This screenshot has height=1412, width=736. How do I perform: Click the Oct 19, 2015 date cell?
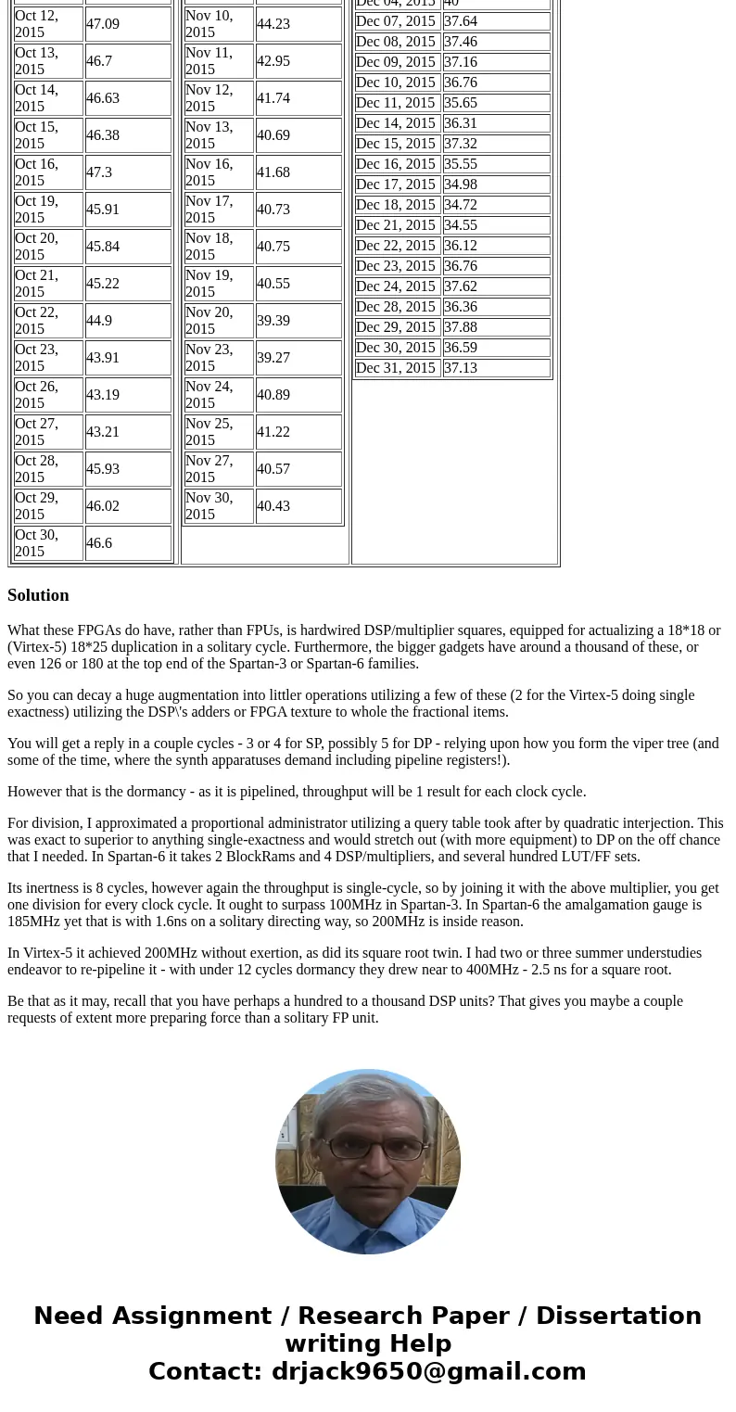coord(48,210)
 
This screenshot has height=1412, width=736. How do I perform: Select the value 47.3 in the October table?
coord(99,172)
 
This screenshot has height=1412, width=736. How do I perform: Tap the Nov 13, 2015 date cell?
coord(219,135)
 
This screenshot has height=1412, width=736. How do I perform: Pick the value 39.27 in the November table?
coord(273,358)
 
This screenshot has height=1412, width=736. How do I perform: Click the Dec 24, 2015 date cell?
coord(396,286)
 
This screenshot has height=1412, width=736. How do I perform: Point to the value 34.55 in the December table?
coord(461,225)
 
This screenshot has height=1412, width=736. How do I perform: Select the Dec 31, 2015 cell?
coord(396,368)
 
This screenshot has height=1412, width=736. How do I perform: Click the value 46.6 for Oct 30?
coord(99,543)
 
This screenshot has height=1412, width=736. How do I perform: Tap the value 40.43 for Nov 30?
coord(273,506)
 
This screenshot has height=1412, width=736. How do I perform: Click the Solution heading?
coord(38,595)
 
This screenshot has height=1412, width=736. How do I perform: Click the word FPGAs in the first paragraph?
coord(98,630)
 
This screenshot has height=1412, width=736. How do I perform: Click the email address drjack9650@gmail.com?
coord(428,1372)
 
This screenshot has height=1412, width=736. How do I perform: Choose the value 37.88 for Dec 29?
coord(461,327)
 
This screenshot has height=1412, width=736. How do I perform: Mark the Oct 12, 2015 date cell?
coord(48,24)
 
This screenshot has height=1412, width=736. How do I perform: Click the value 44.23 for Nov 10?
coord(273,24)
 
